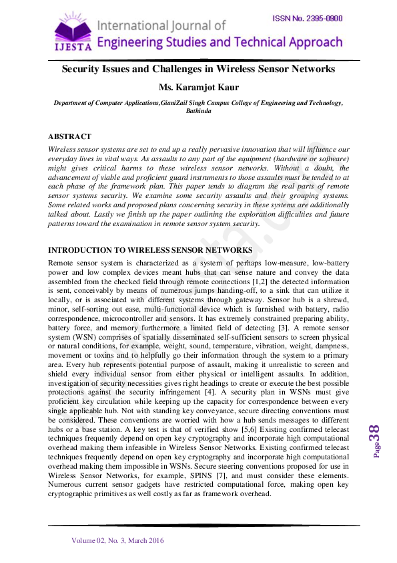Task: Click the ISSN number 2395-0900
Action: pos(307,18)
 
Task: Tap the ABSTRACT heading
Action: pos(70,136)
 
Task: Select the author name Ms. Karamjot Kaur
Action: pos(198,88)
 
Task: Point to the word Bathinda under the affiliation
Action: pos(198,112)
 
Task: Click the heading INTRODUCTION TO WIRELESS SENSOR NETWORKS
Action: pos(150,250)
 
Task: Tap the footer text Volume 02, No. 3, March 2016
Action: pos(117,540)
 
